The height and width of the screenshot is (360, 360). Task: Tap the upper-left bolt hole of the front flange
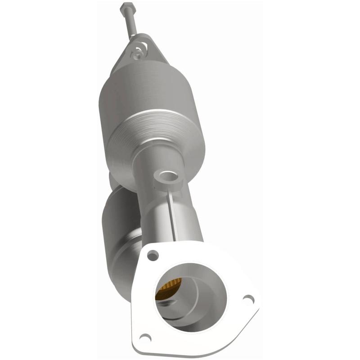click(x=153, y=255)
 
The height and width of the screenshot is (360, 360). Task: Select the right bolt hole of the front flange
click(x=247, y=298)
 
